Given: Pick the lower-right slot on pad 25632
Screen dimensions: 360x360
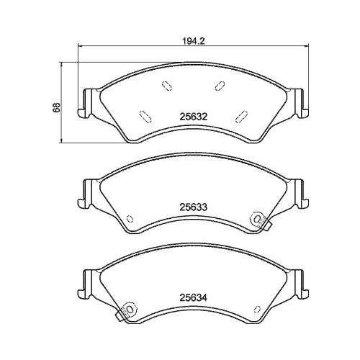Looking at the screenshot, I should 243,114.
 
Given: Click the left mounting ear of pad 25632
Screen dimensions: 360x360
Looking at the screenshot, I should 89,102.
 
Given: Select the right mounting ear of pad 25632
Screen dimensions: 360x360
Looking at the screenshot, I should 300,102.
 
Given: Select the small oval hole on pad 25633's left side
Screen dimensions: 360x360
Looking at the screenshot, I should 129,220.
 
